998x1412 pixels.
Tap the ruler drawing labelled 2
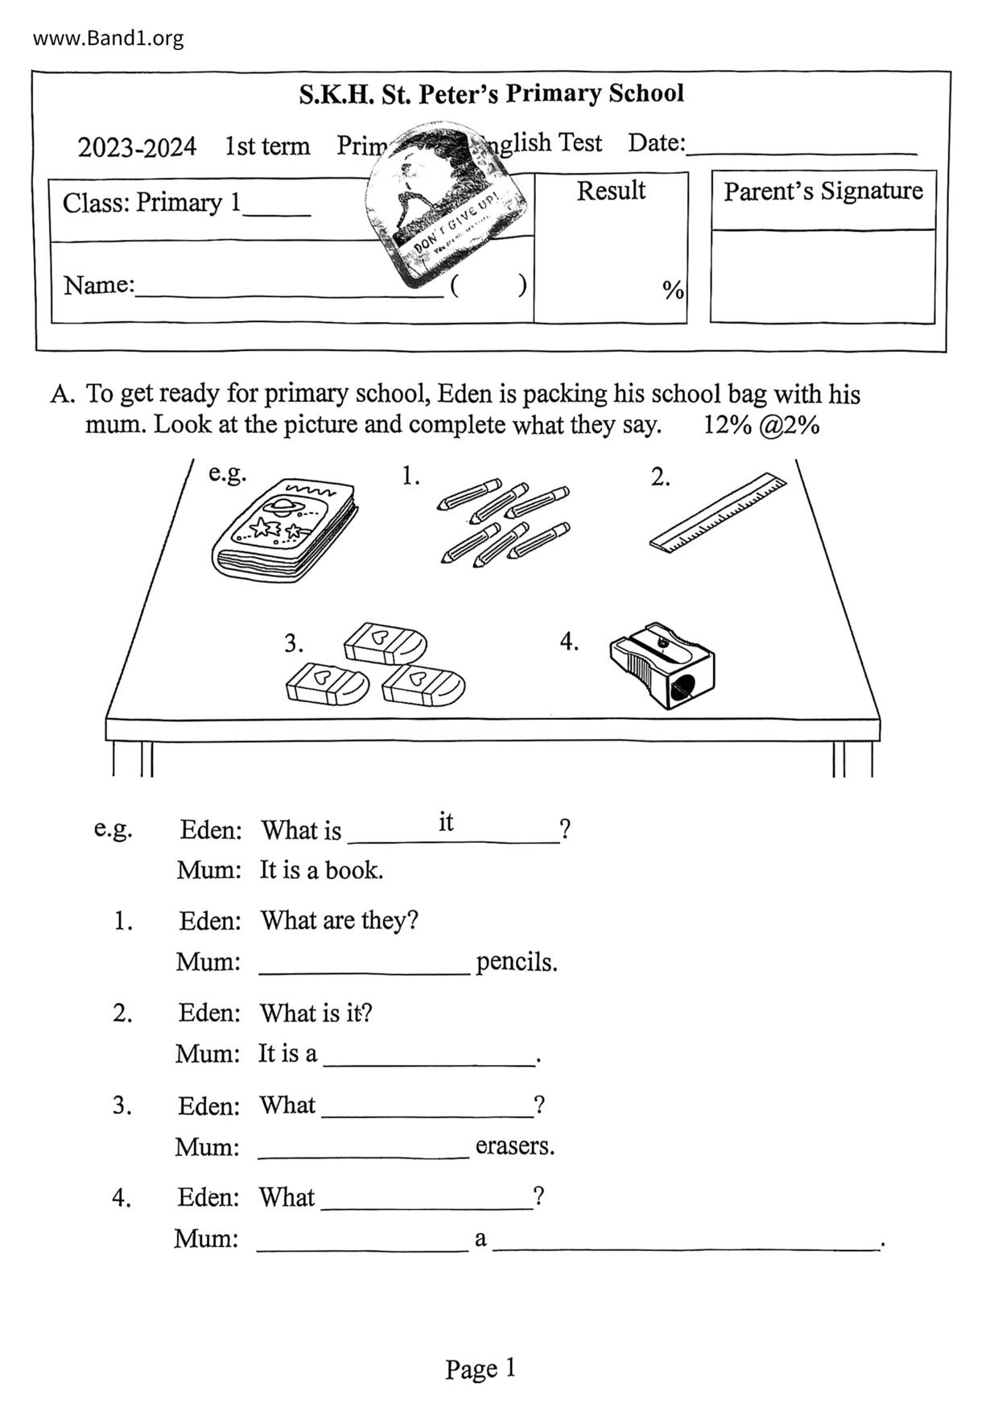pyautogui.click(x=718, y=512)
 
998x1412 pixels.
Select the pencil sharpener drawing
pyautogui.click(x=662, y=665)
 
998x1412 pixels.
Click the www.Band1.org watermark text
pyautogui.click(x=108, y=38)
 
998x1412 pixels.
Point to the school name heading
pyautogui.click(x=491, y=93)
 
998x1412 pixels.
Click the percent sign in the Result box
pyautogui.click(x=673, y=290)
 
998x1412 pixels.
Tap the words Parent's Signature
pyautogui.click(x=823, y=192)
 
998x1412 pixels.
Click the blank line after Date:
pyautogui.click(x=801, y=149)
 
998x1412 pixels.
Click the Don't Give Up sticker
pyautogui.click(x=445, y=204)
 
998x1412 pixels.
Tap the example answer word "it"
pyautogui.click(x=446, y=822)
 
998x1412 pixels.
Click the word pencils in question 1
pyautogui.click(x=516, y=962)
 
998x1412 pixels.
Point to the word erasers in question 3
pyautogui.click(x=515, y=1146)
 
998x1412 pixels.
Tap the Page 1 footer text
pyautogui.click(x=480, y=1369)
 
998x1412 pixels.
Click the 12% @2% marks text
pyautogui.click(x=761, y=425)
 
